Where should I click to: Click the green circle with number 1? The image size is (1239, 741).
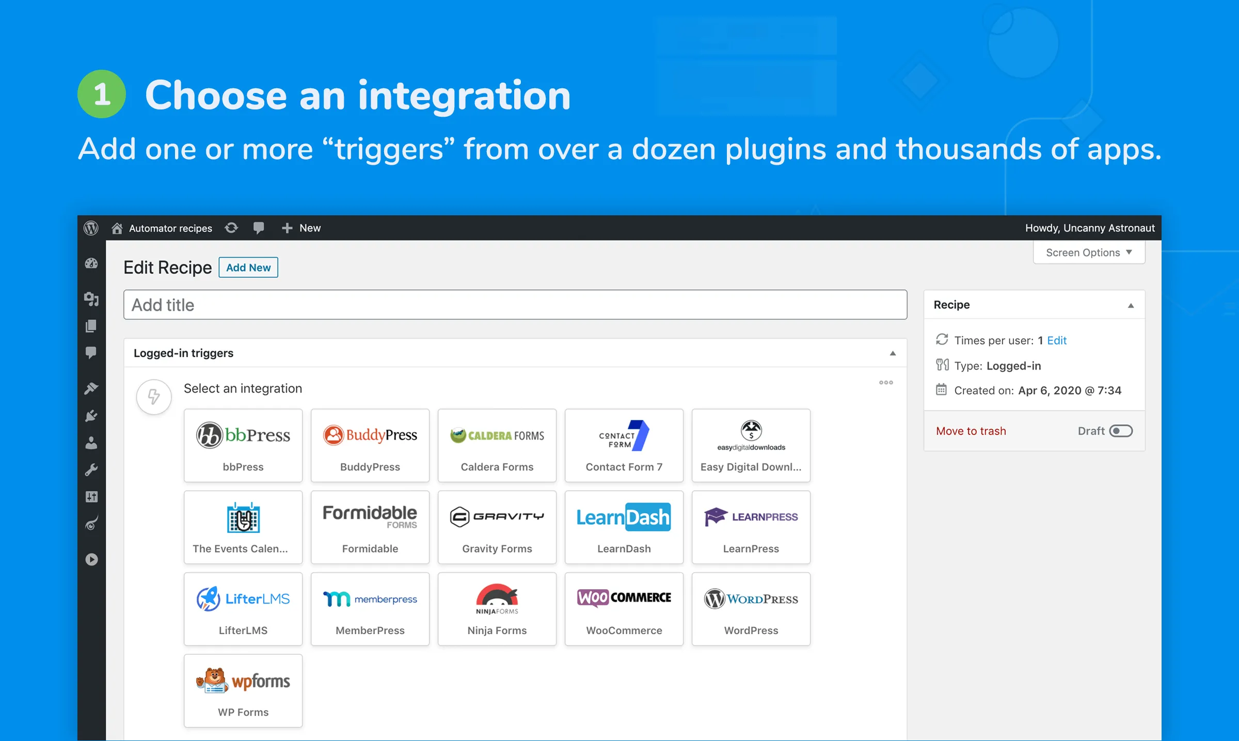102,94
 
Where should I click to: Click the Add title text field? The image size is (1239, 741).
515,305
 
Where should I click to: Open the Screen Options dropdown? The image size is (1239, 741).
1089,253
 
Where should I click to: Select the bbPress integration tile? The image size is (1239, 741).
243,445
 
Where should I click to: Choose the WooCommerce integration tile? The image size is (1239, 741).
624,609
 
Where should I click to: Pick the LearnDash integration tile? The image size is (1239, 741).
624,527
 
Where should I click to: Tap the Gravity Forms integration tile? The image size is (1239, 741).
497,527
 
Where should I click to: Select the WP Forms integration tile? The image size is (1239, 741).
243,690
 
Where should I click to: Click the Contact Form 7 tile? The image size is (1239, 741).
624,445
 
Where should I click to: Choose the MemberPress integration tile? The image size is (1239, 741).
370,609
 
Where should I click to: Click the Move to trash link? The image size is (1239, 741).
971,431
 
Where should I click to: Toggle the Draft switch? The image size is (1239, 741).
1121,431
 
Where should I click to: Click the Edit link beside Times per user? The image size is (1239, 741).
1056,340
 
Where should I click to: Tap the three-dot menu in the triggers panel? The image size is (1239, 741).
886,383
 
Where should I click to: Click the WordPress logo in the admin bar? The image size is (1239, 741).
91,228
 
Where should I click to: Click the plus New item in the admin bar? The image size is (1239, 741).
301,228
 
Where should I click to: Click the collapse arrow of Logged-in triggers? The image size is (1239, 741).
893,353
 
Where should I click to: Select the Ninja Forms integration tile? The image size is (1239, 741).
497,609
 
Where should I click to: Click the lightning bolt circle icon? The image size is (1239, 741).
154,397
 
